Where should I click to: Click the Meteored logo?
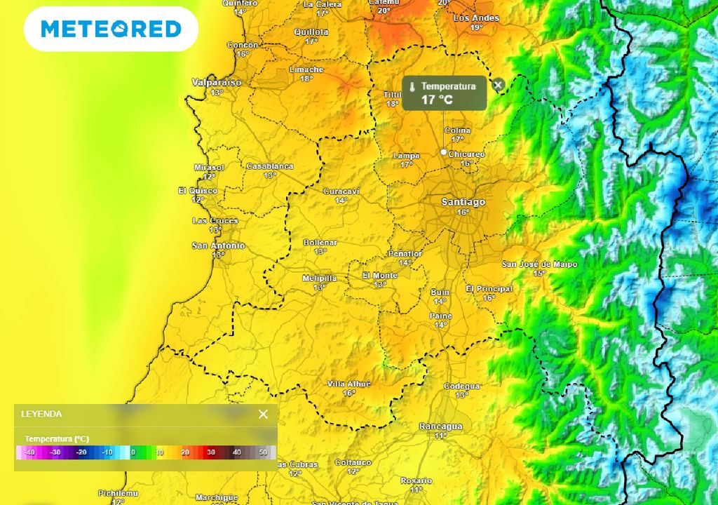click(x=111, y=29)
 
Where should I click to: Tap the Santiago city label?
click(x=463, y=202)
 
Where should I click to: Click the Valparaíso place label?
click(x=217, y=83)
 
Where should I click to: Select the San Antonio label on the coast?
click(x=219, y=246)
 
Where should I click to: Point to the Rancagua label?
click(x=440, y=426)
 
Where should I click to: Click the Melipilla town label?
click(x=320, y=278)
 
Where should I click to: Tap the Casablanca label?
click(x=270, y=166)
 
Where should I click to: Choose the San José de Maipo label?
click(x=540, y=264)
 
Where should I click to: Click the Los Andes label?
click(x=476, y=18)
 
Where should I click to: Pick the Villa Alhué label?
click(x=349, y=384)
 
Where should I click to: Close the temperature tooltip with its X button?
click(x=498, y=85)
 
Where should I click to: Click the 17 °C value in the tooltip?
click(x=437, y=100)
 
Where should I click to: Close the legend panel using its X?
click(x=263, y=414)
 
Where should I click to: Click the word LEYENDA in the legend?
click(x=41, y=415)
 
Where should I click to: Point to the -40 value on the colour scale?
click(x=29, y=452)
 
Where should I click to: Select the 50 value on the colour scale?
click(x=263, y=452)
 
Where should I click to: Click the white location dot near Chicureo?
click(x=443, y=151)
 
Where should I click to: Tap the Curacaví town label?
click(x=341, y=191)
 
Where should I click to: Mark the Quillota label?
click(x=311, y=32)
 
